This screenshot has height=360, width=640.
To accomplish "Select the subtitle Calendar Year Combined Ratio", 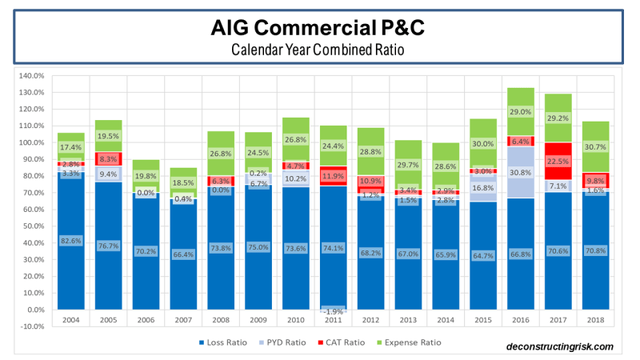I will coord(319,49).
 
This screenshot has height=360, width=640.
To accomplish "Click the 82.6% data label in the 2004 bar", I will coord(71,240).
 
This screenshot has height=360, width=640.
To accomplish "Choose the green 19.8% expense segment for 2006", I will coord(146,176).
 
